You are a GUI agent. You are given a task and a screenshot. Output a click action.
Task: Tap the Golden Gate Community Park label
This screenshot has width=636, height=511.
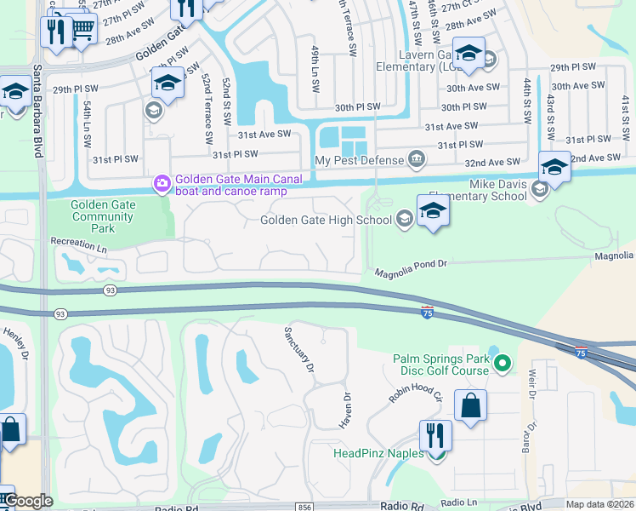(x=102, y=216)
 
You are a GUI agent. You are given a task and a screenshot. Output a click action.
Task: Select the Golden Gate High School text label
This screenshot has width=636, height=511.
(x=326, y=221)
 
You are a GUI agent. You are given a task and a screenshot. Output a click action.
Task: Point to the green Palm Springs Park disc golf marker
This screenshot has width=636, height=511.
(x=502, y=365)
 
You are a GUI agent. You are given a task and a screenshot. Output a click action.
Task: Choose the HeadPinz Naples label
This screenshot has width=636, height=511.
(x=379, y=453)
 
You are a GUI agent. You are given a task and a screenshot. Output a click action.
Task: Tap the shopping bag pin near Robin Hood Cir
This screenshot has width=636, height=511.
(x=470, y=406)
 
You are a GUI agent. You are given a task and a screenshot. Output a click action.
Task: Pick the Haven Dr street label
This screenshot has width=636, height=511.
(x=347, y=409)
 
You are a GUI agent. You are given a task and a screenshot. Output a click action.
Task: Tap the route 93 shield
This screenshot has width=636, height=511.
(x=110, y=291)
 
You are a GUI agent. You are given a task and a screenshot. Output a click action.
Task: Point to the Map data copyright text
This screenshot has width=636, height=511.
(x=599, y=504)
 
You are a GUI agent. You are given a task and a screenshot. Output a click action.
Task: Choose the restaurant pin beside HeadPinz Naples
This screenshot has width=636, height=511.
(x=435, y=435)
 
